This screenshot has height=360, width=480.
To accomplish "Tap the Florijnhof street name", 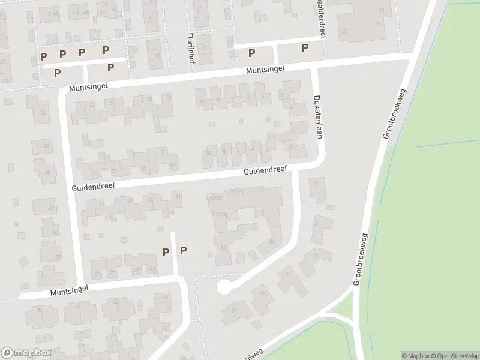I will click(x=189, y=46).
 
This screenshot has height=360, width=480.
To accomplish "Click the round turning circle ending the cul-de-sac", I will click(x=224, y=287).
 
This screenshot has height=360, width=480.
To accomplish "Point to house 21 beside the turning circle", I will click(x=234, y=311).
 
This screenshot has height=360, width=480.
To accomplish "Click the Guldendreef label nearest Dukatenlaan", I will click(x=266, y=171).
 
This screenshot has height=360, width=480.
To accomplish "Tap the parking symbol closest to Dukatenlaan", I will click(x=305, y=48).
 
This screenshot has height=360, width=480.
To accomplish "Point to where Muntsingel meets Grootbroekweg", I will click(x=410, y=56).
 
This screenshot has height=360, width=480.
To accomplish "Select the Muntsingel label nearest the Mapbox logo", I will click(x=70, y=291).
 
